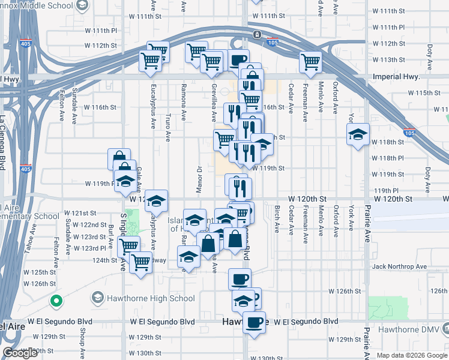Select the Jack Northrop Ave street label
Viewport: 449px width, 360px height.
399,266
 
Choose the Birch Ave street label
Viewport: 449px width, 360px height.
277,220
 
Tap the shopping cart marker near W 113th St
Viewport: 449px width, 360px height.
311,61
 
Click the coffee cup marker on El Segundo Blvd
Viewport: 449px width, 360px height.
255,322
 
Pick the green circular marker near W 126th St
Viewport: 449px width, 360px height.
56,301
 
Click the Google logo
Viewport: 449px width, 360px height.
20,353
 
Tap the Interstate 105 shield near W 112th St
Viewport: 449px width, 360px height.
272,42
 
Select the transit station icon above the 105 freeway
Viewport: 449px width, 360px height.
256,34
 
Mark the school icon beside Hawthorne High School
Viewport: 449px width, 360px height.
97,298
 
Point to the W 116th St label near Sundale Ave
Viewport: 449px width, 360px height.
100,107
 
